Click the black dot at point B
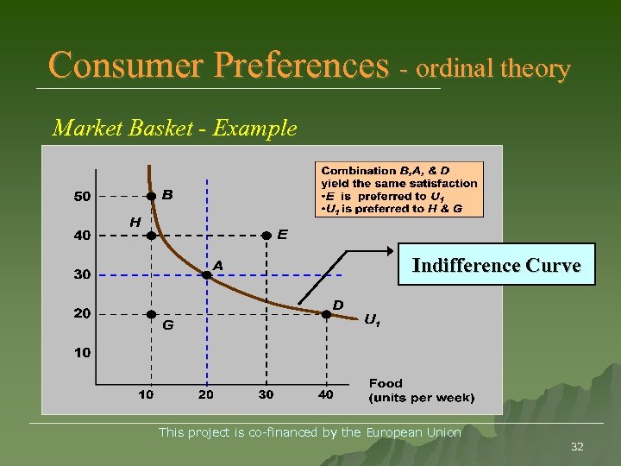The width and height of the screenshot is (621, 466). point(151,197)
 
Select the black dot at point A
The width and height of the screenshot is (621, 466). point(206,274)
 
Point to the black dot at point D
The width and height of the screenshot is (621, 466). point(326,315)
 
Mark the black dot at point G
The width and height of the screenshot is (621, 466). point(151,315)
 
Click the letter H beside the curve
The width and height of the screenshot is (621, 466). point(135,222)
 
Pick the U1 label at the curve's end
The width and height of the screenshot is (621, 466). point(372,320)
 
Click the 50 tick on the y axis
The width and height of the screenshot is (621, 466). point(82,197)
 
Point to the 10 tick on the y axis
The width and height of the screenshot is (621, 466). point(82,353)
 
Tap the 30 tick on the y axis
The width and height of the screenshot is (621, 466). point(82,274)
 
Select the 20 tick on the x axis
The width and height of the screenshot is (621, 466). point(206,394)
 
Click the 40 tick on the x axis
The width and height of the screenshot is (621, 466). point(325,394)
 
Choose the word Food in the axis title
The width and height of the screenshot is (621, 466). point(386,383)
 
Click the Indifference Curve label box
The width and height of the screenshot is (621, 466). point(496,266)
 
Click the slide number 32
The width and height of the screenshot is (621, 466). point(577,446)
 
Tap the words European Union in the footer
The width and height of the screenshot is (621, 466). point(413,432)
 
